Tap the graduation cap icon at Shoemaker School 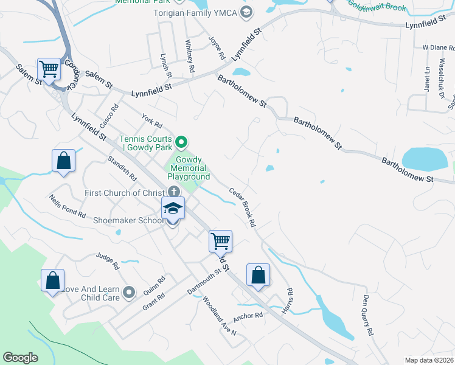(173, 209)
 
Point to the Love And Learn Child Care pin (128, 293)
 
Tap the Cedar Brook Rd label (242, 207)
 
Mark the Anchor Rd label (248, 316)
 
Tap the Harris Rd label (290, 300)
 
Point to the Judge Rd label (108, 260)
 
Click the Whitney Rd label (189, 57)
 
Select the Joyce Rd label (217, 47)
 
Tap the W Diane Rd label (434, 47)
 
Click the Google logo (20, 358)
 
